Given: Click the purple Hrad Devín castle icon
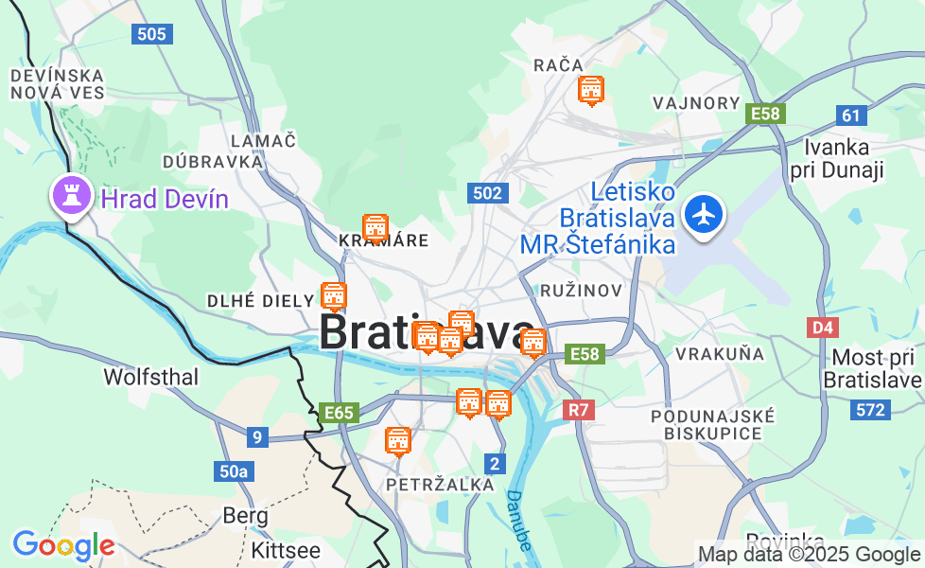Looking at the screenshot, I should coord(71,196).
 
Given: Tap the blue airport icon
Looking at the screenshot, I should coord(703,214).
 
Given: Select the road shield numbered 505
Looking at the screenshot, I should coord(150,34).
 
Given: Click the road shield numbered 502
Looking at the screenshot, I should coord(487,193).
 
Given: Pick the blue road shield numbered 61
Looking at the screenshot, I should coord(852,115).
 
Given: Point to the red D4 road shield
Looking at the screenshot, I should coord(823,328).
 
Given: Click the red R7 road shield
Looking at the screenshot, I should coord(579,410).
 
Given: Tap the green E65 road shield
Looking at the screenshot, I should coord(338,413).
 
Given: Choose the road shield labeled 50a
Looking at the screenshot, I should coord(233,471).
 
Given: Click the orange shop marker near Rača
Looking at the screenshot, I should coord(591,90).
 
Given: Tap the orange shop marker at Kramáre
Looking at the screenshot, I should coord(375,227).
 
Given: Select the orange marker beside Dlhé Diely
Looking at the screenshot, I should coord(333,295).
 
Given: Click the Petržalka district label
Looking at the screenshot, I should coord(440,485).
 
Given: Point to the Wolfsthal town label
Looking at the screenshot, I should coord(151,377).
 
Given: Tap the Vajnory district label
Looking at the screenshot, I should coord(696,103).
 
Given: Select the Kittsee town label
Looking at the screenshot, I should coord(286,550).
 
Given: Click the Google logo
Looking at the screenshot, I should coord(63,545).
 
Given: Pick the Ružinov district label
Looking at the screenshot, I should coord(581,290).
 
